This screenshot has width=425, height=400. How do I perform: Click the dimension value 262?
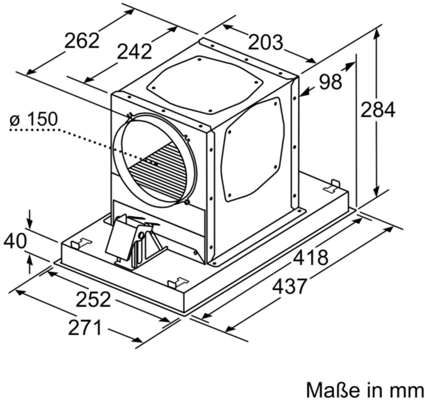tap(82, 41)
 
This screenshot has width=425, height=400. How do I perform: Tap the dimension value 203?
tap(265, 42)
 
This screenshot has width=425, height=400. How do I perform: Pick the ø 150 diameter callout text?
tap(33, 119)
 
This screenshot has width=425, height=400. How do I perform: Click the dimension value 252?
tap(93, 299)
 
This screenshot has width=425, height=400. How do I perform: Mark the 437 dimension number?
tap(290, 287)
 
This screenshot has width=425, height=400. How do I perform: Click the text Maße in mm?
tap(365, 390)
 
